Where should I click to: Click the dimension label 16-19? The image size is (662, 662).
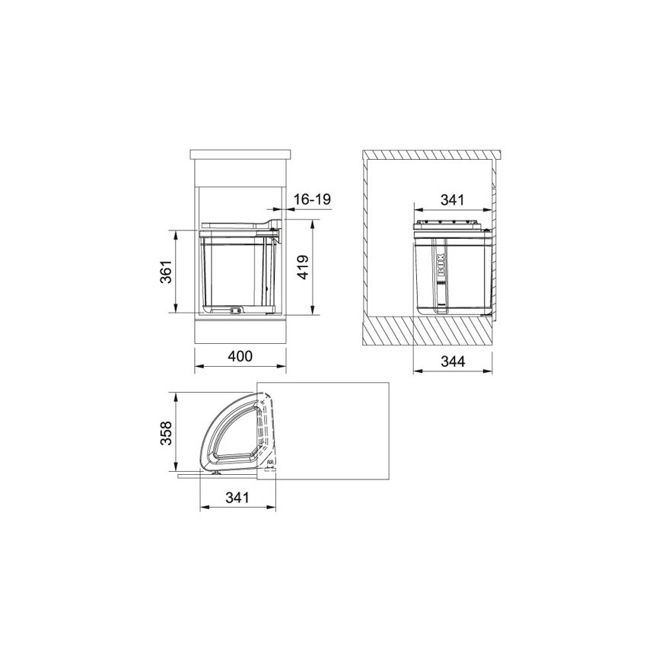[x=312, y=199]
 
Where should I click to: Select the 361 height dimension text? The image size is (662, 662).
[x=167, y=272]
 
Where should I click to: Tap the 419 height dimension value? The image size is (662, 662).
[x=303, y=267]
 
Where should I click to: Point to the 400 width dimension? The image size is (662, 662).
[x=240, y=356]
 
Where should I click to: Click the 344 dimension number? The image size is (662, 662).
[x=453, y=361]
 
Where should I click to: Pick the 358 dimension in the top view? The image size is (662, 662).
[x=166, y=432]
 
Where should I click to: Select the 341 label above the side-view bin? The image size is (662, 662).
[x=452, y=199]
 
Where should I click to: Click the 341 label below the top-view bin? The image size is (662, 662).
[x=237, y=498]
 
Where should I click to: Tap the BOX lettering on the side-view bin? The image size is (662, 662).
[x=441, y=265]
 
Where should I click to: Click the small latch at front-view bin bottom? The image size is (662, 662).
[x=235, y=310]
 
